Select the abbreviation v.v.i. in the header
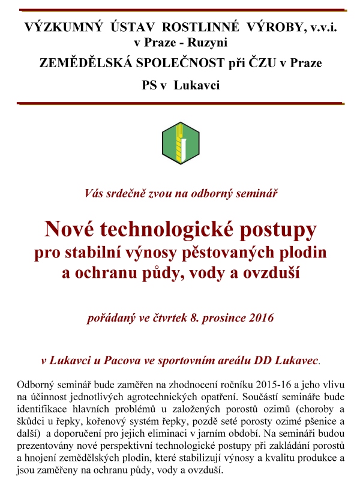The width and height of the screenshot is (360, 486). pyautogui.click(x=323, y=27)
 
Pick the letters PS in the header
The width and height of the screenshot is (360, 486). pyautogui.click(x=149, y=85)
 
